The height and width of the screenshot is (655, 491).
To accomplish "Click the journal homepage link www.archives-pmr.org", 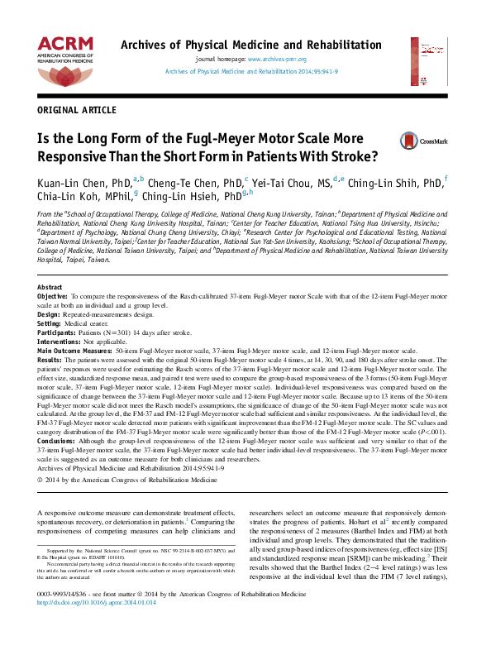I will (277, 60).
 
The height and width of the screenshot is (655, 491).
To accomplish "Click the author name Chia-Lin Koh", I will (67, 197).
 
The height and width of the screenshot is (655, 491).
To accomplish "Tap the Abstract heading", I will (51, 286).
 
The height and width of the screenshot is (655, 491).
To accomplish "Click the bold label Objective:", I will (53, 295).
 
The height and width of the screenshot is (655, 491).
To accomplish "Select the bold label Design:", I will (49, 313).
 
